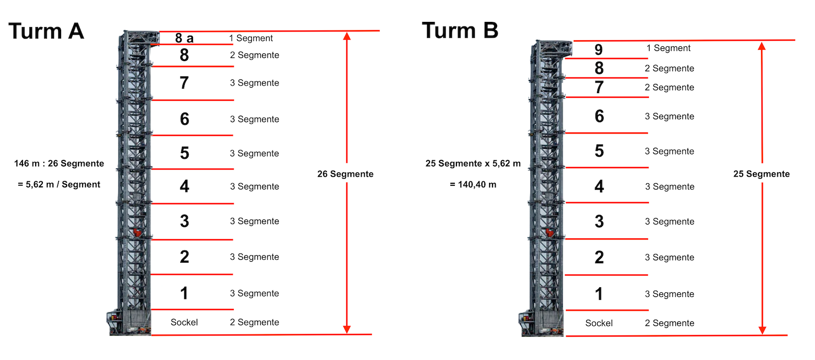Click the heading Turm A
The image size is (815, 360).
point(46,31)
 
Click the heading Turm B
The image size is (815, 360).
point(460,31)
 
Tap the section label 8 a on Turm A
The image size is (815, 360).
point(184,38)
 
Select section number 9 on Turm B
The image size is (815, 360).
point(599,49)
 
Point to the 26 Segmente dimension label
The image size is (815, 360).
point(345,174)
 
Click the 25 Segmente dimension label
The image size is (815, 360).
point(762,174)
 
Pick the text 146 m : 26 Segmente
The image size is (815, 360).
point(59,163)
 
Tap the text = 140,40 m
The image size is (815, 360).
point(473,184)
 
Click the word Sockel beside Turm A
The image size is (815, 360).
point(184,322)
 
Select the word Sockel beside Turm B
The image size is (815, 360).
point(599,323)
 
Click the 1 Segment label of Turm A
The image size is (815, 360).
point(251,38)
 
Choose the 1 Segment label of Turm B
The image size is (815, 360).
point(668,48)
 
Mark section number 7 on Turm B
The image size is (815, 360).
point(599,88)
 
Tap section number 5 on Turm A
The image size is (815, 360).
point(184,153)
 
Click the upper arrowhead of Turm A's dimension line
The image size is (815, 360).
point(347,36)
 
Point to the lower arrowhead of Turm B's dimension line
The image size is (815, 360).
point(762,330)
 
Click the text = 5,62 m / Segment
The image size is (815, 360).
point(59,184)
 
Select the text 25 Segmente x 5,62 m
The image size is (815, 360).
point(473,163)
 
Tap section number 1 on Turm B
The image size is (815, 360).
point(599,294)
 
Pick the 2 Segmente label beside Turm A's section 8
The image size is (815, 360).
point(254,55)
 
